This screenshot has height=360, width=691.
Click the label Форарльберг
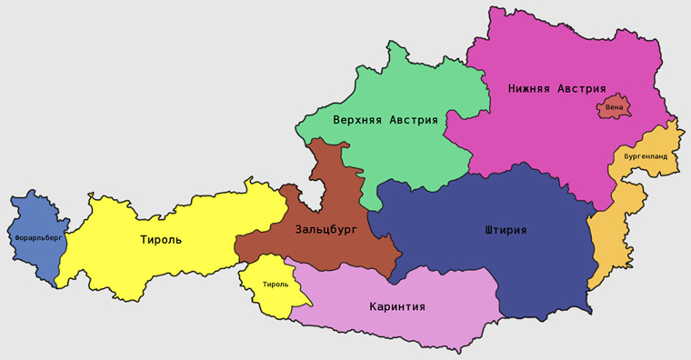point(38,238)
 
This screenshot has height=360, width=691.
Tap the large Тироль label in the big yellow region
point(161,240)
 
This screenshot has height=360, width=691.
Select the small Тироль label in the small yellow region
point(275,285)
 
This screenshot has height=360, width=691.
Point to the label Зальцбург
point(325,230)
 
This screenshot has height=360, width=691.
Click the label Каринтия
point(397,306)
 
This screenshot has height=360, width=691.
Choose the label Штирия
point(506,230)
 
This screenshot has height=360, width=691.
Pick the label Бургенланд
point(646,156)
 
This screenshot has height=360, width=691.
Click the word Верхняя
point(359,120)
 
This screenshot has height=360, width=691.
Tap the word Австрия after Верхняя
point(414,120)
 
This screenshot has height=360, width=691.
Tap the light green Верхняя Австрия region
point(400,155)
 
